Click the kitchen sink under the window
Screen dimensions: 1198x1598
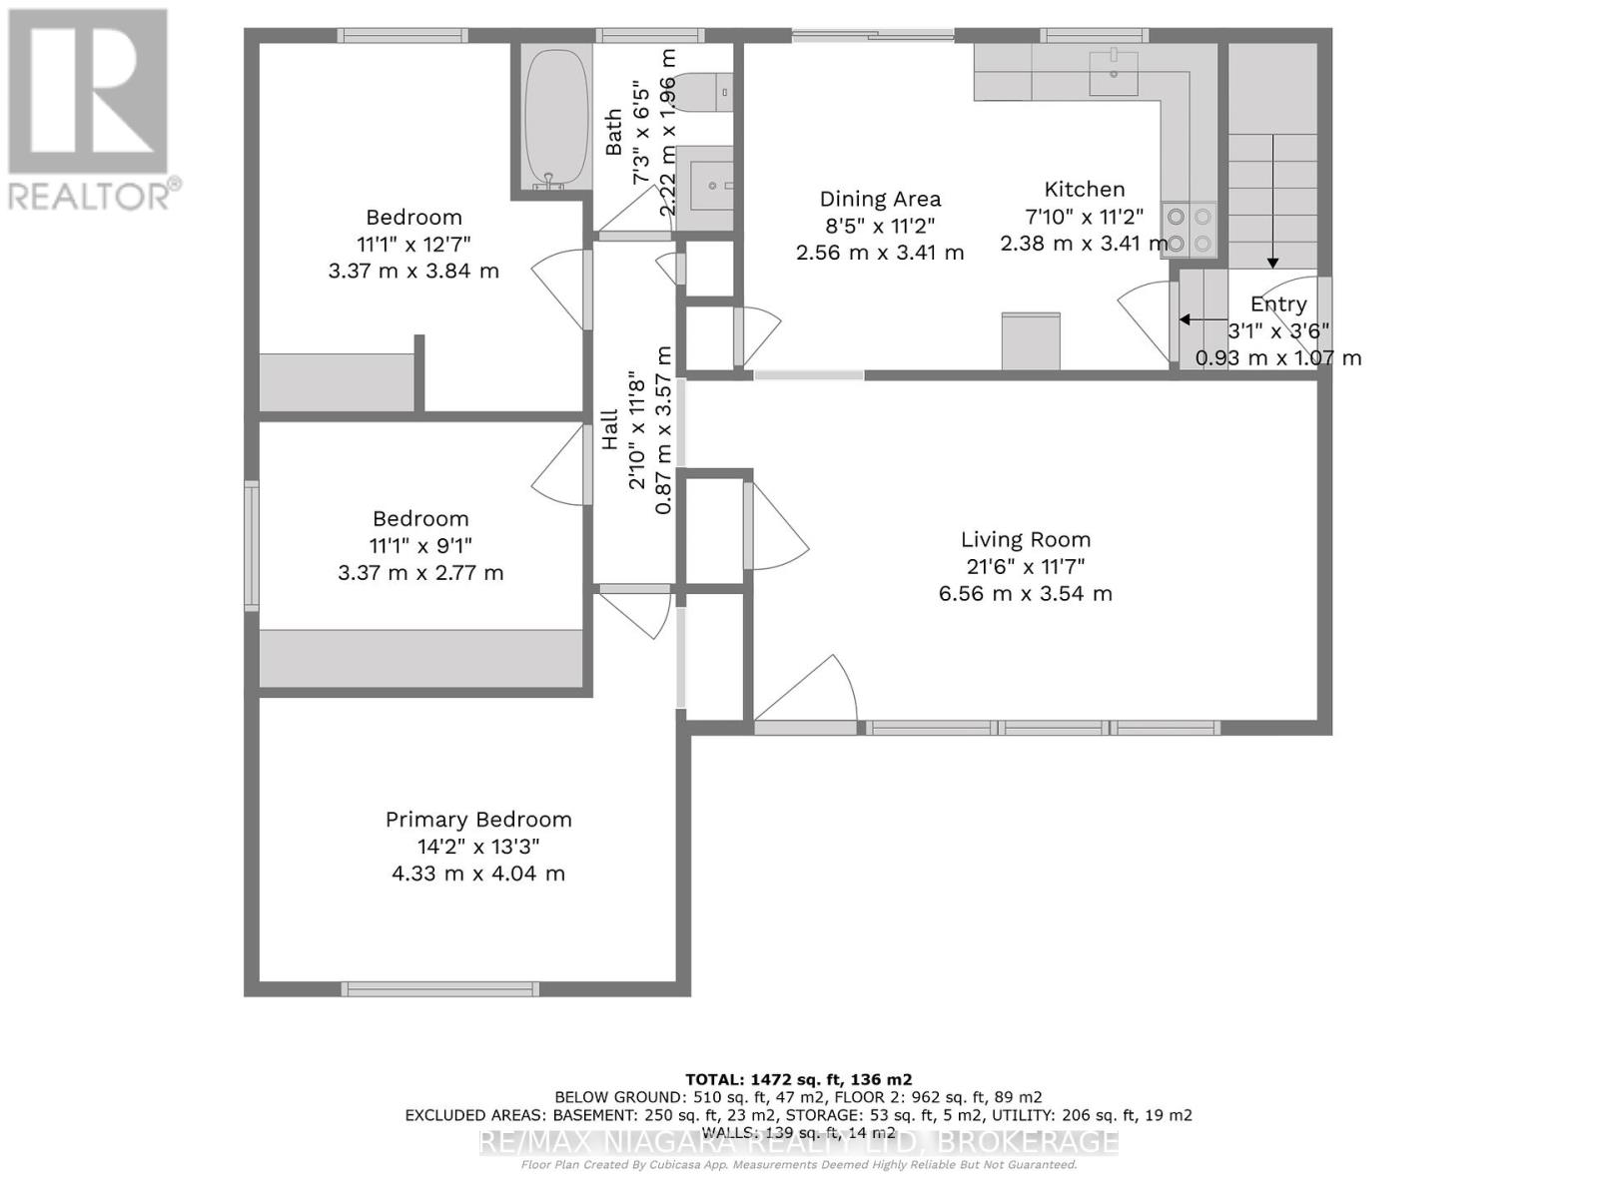pos(1113,74)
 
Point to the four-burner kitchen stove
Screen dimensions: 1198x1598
pos(1189,230)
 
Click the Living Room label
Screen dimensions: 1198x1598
pos(1026,540)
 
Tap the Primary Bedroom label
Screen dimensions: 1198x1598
pos(478,820)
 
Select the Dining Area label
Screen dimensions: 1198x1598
pos(880,200)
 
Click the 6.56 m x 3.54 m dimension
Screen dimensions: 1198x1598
pos(1026,594)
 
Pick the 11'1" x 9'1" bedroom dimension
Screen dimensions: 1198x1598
pos(420,546)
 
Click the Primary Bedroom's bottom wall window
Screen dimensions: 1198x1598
pos(440,988)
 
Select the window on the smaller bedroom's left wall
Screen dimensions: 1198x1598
pos(252,545)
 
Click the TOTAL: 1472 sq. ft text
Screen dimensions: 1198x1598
pos(798,1079)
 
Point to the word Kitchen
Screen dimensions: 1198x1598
pos(1085,190)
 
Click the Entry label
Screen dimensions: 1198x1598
pos(1278,304)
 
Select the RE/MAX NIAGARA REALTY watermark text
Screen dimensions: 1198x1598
pos(798,1141)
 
